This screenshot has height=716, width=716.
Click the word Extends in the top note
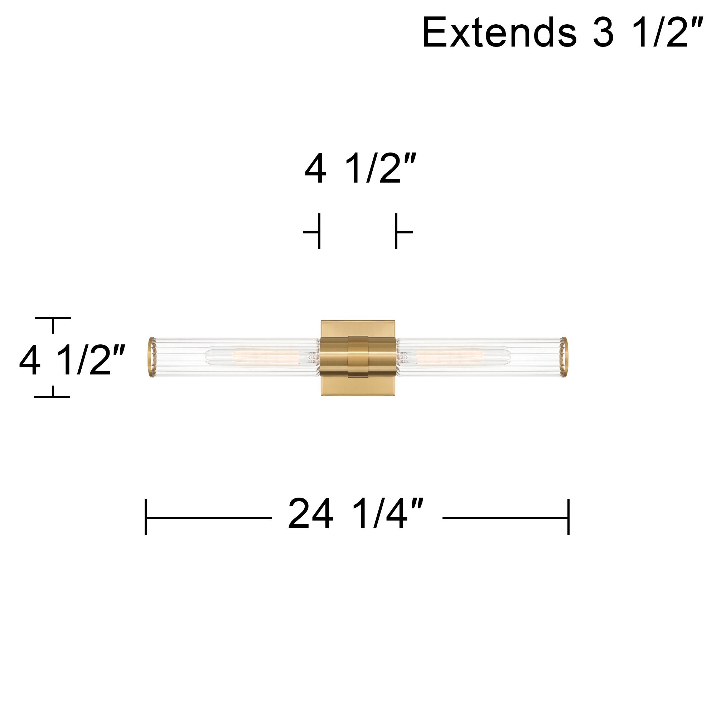(x=499, y=33)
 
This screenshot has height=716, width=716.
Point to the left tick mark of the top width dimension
(x=319, y=232)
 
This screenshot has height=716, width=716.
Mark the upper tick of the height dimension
(x=53, y=318)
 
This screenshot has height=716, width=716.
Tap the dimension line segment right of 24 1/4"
(x=505, y=518)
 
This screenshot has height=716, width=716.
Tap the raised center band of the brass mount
(x=358, y=357)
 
